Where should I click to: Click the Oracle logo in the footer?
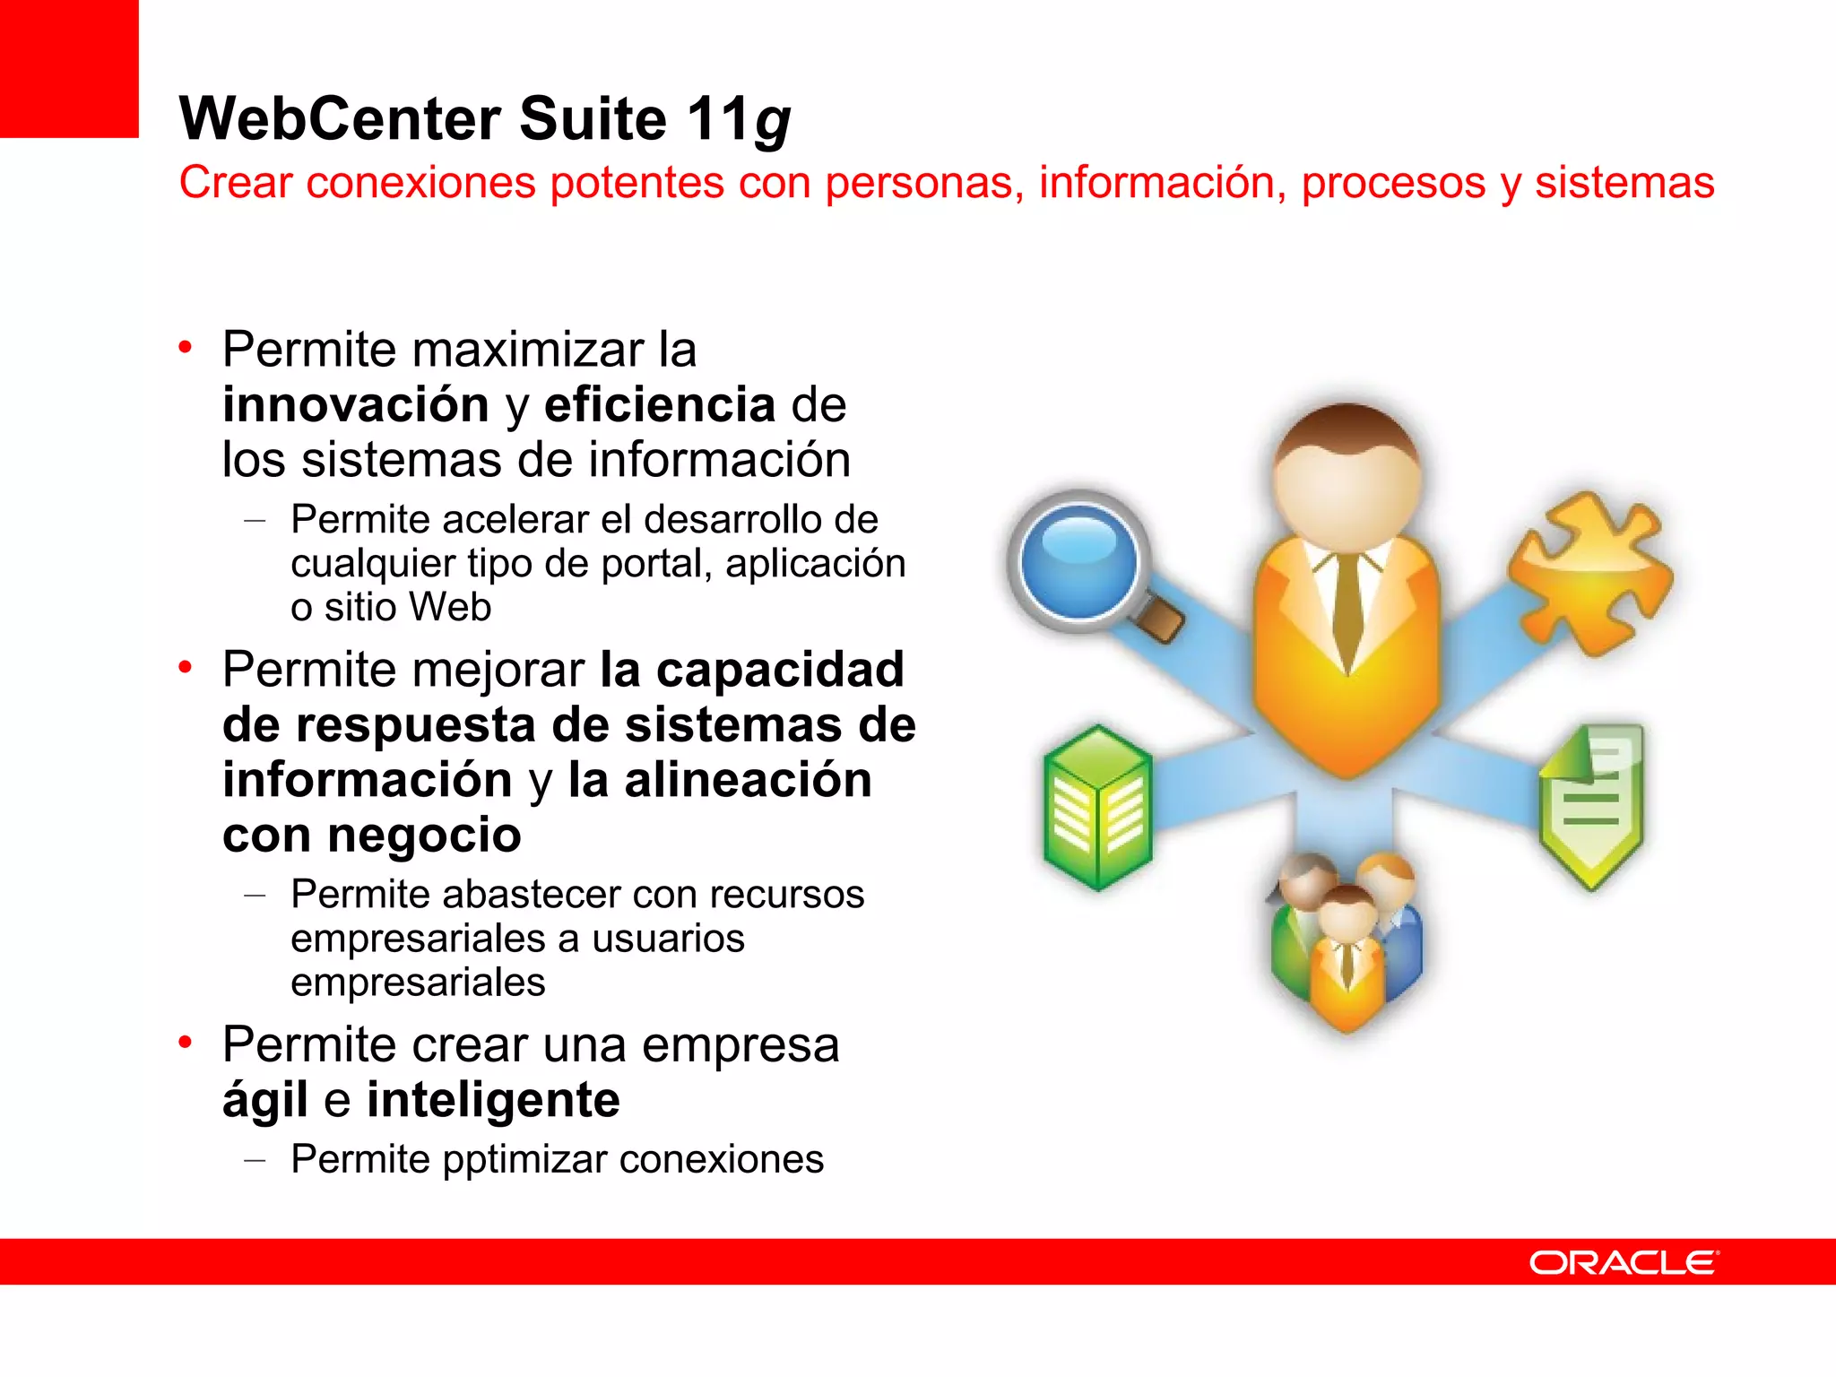(1623, 1262)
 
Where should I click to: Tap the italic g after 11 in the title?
(773, 123)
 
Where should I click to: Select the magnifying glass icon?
(1085, 565)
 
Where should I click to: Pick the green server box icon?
(1097, 807)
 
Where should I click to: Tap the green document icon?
(1592, 805)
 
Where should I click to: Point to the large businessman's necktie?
(1347, 610)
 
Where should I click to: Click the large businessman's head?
(1347, 475)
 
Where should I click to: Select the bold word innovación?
(355, 404)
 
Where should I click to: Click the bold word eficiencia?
(660, 404)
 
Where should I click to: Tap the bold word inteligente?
(493, 1100)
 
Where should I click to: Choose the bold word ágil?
(265, 1102)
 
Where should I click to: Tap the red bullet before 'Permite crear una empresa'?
(186, 1042)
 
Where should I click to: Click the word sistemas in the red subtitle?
(1624, 183)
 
